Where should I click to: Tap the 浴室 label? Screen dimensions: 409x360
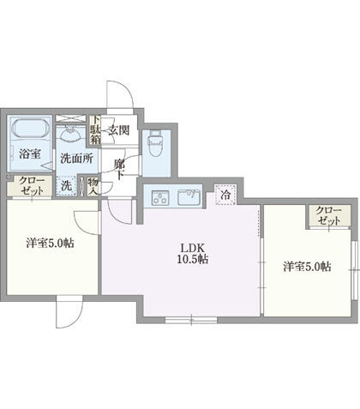pyautogui.click(x=29, y=155)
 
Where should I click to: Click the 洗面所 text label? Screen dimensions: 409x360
pyautogui.click(x=75, y=158)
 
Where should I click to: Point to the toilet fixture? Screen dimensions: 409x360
pyautogui.click(x=156, y=140)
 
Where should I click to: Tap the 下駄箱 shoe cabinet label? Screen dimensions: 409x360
pyautogui.click(x=97, y=129)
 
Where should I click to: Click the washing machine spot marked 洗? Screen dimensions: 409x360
pyautogui.click(x=66, y=184)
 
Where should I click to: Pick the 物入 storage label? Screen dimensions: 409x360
pyautogui.click(x=93, y=186)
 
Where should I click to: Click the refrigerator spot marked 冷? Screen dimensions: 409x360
pyautogui.click(x=225, y=195)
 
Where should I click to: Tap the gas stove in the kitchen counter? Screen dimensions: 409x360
pyautogui.click(x=159, y=198)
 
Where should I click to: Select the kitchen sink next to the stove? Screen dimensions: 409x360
pyautogui.click(x=188, y=198)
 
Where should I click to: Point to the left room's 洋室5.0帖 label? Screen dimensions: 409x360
pyautogui.click(x=48, y=243)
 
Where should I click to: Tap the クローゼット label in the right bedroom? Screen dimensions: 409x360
pyautogui.click(x=328, y=215)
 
